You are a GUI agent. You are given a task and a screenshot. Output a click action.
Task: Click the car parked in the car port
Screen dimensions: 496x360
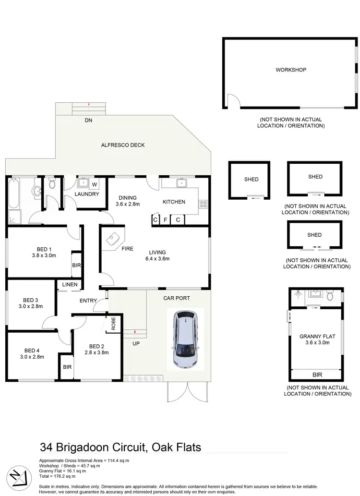pos(185,339)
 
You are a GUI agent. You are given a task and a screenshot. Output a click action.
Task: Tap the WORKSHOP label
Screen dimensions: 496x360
pos(290,70)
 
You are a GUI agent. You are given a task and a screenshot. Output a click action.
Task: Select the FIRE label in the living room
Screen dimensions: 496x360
pos(127,249)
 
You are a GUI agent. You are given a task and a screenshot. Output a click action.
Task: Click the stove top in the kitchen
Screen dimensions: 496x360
pos(203,203)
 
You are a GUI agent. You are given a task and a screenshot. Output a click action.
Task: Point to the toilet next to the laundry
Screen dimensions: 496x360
pos(52,184)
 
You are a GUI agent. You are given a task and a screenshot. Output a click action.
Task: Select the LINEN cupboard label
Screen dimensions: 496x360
pos(70,285)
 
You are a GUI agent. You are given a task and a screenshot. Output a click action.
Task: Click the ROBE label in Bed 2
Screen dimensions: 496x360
pos(114,325)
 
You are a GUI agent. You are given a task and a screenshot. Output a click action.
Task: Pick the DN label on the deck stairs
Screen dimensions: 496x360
pos(88,120)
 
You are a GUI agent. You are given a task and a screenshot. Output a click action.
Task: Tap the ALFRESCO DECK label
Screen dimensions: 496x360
pos(122,145)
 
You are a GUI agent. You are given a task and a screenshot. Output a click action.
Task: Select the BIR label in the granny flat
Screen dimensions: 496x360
pos(317,375)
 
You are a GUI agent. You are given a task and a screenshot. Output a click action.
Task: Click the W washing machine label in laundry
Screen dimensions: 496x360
pos(94,184)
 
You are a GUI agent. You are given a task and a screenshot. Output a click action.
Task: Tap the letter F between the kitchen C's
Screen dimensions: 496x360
pos(166,220)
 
